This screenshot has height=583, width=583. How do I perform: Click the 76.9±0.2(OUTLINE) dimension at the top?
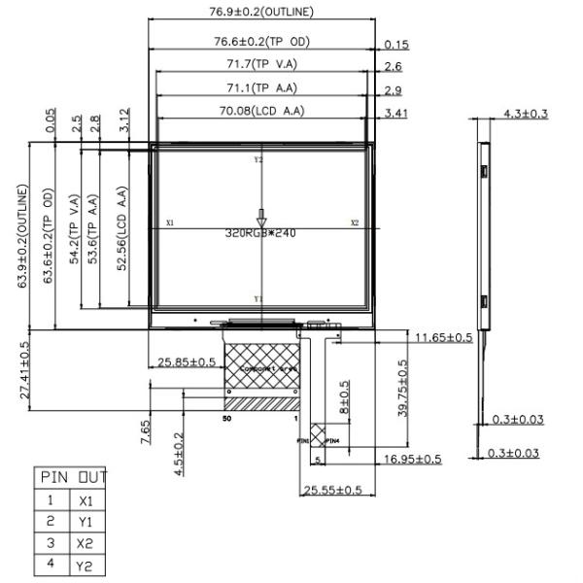[x=261, y=13]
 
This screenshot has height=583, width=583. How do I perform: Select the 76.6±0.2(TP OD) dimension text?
[x=261, y=41]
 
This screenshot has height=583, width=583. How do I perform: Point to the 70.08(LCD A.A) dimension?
[x=261, y=111]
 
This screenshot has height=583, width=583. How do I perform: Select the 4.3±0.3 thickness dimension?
[x=526, y=114]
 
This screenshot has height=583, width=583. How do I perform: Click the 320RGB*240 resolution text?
[x=260, y=233]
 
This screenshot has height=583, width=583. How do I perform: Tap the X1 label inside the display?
[x=170, y=223]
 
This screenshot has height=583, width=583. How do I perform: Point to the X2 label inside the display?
[x=355, y=223]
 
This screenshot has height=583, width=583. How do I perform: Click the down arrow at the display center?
[x=260, y=218]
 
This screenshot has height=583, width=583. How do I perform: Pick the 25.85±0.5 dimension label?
[x=188, y=362]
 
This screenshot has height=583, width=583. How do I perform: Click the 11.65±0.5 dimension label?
[x=443, y=337]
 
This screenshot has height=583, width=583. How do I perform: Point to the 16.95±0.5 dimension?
[x=412, y=458]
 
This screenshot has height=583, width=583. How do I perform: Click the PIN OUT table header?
[x=74, y=477]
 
